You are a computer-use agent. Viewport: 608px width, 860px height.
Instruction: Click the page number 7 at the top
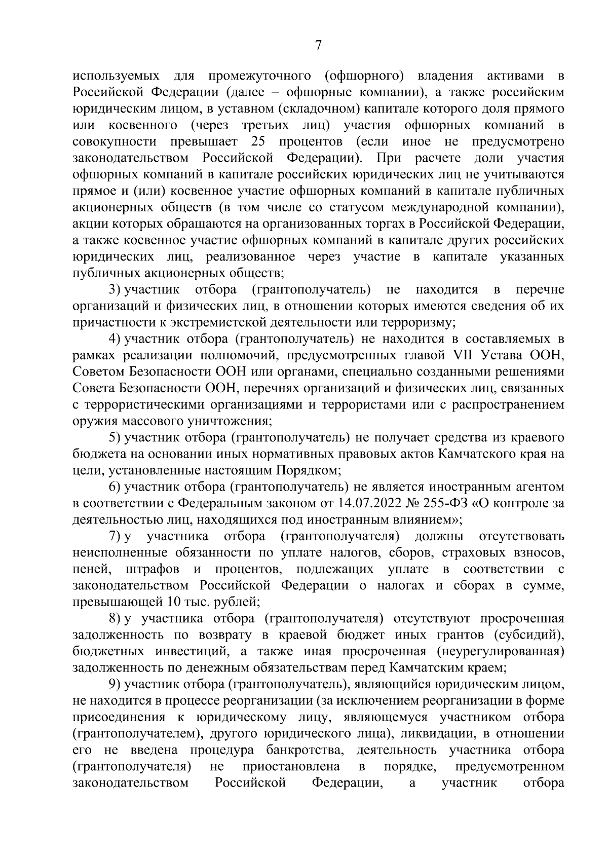(318, 46)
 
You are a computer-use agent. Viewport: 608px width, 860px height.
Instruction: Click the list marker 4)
(116, 339)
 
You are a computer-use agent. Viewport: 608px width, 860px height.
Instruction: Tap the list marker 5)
(116, 437)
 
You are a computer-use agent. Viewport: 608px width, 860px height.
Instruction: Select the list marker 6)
(116, 487)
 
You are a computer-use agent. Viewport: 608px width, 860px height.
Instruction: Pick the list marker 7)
(116, 536)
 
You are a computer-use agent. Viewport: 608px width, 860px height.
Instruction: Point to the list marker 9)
(116, 684)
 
